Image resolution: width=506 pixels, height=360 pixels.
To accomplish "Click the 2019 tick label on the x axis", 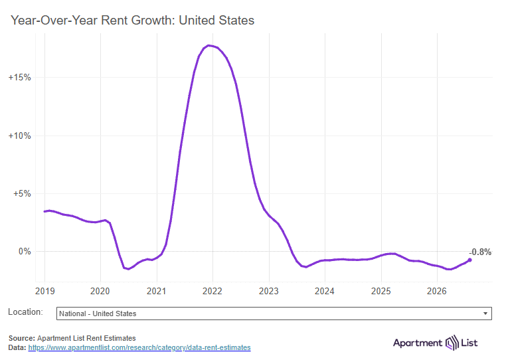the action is point(45,291).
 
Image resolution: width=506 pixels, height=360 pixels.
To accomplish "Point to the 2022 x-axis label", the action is point(212,291).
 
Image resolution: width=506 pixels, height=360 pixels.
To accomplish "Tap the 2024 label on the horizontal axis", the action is point(324,291).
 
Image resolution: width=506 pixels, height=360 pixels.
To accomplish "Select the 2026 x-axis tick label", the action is point(437,291).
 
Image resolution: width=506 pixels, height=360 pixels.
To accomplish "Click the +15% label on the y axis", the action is point(20,78).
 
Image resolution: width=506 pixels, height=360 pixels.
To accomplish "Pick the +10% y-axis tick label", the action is point(20,135).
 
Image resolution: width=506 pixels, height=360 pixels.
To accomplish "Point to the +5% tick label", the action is point(22,194).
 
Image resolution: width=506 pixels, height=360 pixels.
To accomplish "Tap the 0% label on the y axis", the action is point(25,252).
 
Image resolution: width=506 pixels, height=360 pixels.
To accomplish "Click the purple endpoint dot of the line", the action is point(470,260).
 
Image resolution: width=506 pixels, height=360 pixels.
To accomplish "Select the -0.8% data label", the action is point(480,252).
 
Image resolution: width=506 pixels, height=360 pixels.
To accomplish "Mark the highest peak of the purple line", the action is point(209,46).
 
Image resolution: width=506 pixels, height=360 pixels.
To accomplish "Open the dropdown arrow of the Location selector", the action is point(485,314).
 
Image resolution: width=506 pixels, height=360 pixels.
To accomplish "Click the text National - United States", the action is point(98,314).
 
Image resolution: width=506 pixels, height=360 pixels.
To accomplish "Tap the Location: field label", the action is point(25,312).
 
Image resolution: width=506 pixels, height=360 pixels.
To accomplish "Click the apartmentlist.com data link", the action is point(139,347).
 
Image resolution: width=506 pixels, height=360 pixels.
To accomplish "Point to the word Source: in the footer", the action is point(22,338).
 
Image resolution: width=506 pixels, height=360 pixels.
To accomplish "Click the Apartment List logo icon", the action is point(452,343).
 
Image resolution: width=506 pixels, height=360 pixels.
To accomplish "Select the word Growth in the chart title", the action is point(153,21).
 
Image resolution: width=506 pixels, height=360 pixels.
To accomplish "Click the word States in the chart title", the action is point(236,21).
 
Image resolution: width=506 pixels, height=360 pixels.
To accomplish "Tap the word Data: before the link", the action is point(17,347).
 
